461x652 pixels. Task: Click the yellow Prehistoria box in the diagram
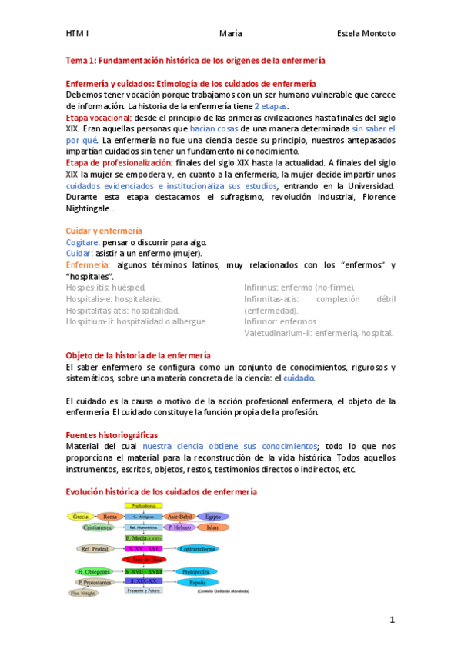tap(144, 506)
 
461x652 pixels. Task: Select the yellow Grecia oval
tap(79, 517)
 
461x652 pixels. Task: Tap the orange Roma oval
tap(111, 517)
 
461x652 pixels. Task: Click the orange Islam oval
tap(213, 527)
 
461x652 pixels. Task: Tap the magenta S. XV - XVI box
tap(144, 549)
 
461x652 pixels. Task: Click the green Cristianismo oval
tap(98, 527)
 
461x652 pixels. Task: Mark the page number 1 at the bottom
tap(392, 620)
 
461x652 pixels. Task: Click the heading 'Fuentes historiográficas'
tap(112, 435)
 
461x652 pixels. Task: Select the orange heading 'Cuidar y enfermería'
tap(104, 231)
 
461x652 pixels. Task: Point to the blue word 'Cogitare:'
tap(81, 242)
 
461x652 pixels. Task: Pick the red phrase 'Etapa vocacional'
tap(99, 118)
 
